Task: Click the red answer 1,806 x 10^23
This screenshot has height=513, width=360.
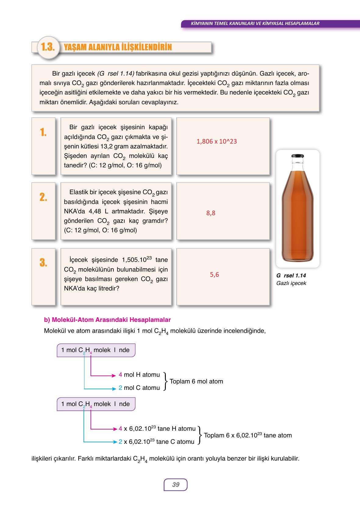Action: point(217,141)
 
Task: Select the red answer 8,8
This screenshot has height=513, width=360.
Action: point(211,213)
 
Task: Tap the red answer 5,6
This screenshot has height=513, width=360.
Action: point(214,275)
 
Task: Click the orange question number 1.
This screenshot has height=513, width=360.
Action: point(43,132)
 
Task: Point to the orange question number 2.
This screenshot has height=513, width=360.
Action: point(43,197)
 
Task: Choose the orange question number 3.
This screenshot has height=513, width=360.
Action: point(43,262)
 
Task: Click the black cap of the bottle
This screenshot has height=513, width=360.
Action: point(298,156)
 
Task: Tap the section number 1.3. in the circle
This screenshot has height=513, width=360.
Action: point(48,47)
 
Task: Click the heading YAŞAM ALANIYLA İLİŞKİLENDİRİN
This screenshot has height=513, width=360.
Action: point(118,47)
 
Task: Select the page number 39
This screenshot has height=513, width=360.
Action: point(176,485)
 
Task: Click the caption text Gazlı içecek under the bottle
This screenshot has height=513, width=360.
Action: point(291,283)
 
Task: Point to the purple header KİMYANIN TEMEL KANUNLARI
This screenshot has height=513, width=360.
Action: point(255,23)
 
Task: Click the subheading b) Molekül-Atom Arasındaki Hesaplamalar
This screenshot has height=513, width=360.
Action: point(107,320)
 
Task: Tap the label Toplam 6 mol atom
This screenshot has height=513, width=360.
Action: point(196,381)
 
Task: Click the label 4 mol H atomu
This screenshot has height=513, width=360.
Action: point(139,375)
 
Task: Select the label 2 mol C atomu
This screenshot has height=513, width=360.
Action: point(139,388)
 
